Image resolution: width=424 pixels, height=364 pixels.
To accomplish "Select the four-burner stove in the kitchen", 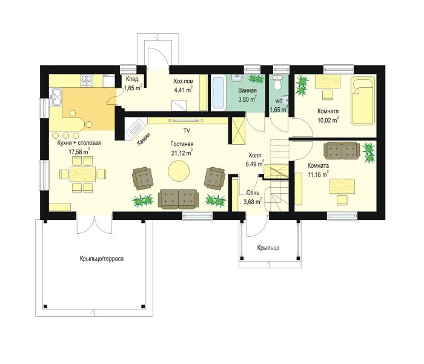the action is pyautogui.click(x=87, y=81).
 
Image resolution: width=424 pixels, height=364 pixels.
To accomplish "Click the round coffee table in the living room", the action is pyautogui.click(x=179, y=171).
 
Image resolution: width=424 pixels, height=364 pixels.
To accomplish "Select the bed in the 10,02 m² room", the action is pyautogui.click(x=363, y=101).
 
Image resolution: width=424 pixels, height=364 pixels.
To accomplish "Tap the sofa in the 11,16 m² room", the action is pyautogui.click(x=342, y=151).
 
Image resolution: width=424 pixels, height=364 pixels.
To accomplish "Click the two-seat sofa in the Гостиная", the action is pyautogui.click(x=178, y=199).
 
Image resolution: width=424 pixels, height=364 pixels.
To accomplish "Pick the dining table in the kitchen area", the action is pyautogui.click(x=83, y=174).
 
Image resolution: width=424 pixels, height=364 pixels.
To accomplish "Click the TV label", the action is pyautogui.click(x=187, y=131).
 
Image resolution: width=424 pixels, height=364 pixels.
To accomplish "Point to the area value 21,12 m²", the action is pyautogui.click(x=182, y=153).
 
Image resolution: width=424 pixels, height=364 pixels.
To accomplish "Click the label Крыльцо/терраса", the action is pyautogui.click(x=102, y=259).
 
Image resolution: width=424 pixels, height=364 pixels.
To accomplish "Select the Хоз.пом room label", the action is pyautogui.click(x=184, y=81).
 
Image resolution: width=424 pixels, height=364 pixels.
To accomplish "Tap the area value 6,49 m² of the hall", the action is pyautogui.click(x=254, y=164).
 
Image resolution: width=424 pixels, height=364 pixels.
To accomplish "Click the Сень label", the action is pyautogui.click(x=253, y=193).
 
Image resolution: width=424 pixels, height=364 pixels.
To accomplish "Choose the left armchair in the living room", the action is pyautogui.click(x=142, y=178).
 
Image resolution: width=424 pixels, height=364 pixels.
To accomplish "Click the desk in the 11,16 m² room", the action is pyautogui.click(x=342, y=187).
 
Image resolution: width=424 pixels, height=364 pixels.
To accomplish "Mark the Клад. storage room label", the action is pyautogui.click(x=133, y=79).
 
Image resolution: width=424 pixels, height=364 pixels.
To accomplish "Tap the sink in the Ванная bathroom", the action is pyautogui.click(x=237, y=78).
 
